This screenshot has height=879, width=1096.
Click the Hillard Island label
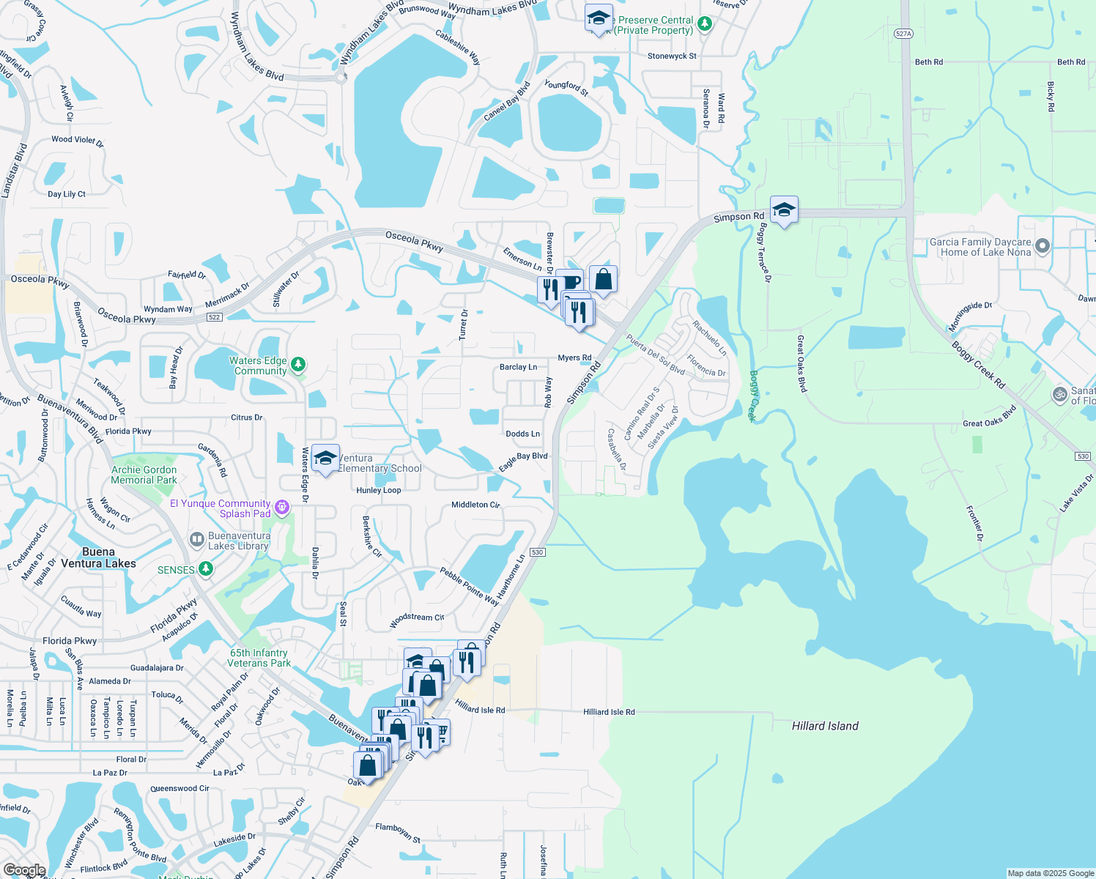point(825,726)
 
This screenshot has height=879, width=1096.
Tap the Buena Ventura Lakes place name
point(98,557)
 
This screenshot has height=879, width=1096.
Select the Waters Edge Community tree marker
point(297,364)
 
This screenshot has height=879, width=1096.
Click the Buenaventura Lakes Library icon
point(196,540)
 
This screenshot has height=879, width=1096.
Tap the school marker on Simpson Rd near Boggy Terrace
point(784,210)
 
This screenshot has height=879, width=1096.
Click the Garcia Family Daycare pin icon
point(1043,246)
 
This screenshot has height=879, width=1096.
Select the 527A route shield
point(903,34)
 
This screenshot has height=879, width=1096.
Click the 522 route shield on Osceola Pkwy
point(214,317)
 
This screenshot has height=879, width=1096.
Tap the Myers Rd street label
point(574,358)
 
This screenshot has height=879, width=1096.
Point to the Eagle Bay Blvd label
point(523,461)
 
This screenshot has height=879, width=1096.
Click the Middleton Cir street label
point(475,505)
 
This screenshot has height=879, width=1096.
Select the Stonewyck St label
point(672,56)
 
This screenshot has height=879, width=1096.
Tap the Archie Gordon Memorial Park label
point(144,475)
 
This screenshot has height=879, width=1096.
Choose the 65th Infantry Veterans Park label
point(259,658)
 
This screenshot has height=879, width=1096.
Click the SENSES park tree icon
point(207,569)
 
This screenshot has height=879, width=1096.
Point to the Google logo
point(24,870)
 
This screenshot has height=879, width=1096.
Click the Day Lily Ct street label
point(67,194)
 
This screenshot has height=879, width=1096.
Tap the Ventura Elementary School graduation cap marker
point(325,459)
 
